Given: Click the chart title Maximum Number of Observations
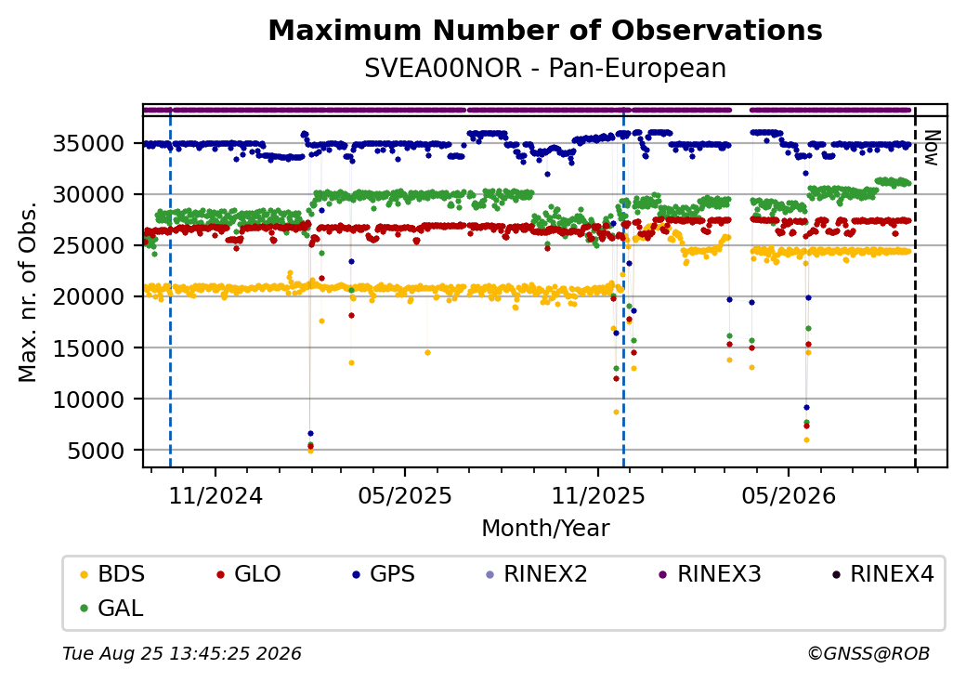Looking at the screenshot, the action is [x=545, y=30].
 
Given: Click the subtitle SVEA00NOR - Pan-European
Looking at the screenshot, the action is [x=545, y=69].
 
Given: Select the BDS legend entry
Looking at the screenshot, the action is [x=112, y=574].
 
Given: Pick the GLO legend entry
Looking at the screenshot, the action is [x=248, y=574].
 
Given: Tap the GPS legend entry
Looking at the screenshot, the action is [x=384, y=574].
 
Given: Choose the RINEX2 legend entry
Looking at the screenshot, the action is [x=537, y=574].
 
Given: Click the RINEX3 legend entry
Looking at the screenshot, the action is [x=711, y=574].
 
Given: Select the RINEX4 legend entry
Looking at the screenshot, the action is [x=882, y=574].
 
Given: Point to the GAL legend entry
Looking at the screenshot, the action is [x=112, y=608].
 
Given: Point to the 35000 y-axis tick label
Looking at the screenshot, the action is [x=89, y=143].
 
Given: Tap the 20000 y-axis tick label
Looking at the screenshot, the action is [x=89, y=297].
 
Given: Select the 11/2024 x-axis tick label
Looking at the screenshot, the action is [x=215, y=496].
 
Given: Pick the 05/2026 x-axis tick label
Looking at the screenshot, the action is [x=789, y=496].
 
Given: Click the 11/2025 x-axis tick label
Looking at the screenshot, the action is [x=597, y=496].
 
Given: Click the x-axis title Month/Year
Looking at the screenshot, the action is [x=545, y=529].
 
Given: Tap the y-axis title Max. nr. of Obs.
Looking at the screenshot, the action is [x=28, y=292].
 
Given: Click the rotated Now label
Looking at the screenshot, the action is [x=932, y=148].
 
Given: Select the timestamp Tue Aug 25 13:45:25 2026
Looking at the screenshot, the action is [x=182, y=653].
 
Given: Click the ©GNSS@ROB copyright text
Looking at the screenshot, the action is [x=868, y=653].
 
